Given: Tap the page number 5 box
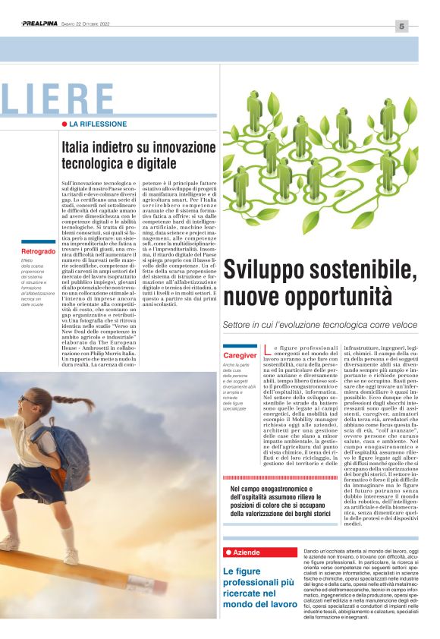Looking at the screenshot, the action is pos(401,27).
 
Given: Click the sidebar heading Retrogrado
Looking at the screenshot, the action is pos(38,250).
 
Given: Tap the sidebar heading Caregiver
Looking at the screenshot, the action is pos(240,355).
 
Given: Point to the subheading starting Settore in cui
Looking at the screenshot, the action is pos(319,324).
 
